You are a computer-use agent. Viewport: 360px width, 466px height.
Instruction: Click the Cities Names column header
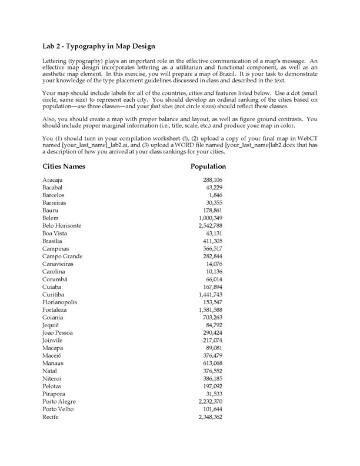tap(64, 167)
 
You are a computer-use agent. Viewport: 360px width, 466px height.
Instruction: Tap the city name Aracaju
tap(55, 179)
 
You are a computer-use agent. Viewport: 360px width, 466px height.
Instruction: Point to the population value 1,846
tap(215, 195)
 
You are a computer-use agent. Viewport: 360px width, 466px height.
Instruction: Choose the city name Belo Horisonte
tap(62, 226)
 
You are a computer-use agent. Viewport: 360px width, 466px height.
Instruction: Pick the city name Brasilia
tap(54, 241)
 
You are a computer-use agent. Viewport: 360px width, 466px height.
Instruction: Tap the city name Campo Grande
tap(62, 257)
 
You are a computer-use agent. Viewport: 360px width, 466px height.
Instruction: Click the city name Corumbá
tap(56, 279)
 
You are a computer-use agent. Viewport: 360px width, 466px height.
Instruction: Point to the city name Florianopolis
tap(60, 302)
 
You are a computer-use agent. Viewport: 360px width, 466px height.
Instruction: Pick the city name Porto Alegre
tap(59, 402)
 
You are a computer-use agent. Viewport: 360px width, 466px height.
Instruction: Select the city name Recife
tap(52, 417)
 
